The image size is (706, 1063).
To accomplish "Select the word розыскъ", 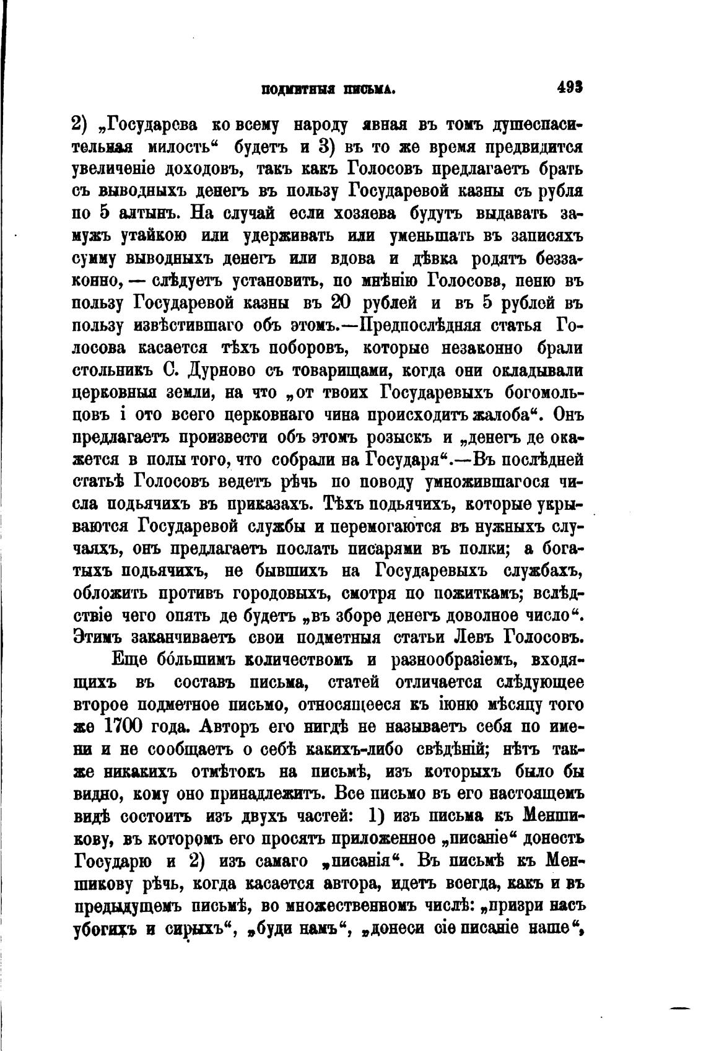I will [x=398, y=437].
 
